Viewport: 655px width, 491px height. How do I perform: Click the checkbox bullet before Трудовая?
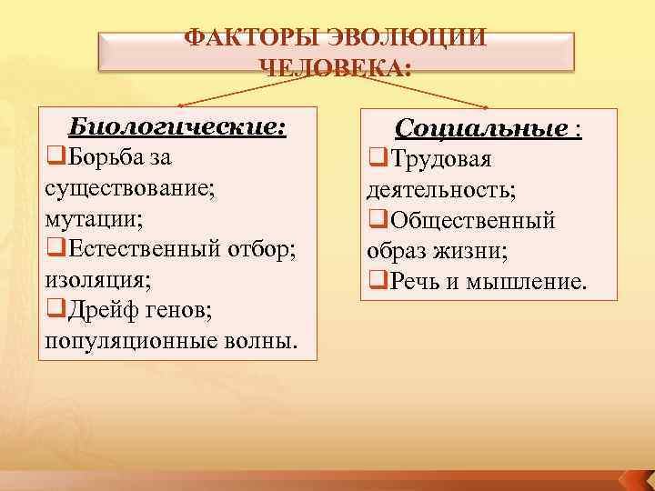[x=377, y=160]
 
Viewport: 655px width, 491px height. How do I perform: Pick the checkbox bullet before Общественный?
[x=377, y=221]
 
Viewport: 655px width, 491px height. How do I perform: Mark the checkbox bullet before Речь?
[x=377, y=281]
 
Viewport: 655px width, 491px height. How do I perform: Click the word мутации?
[x=91, y=219]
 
